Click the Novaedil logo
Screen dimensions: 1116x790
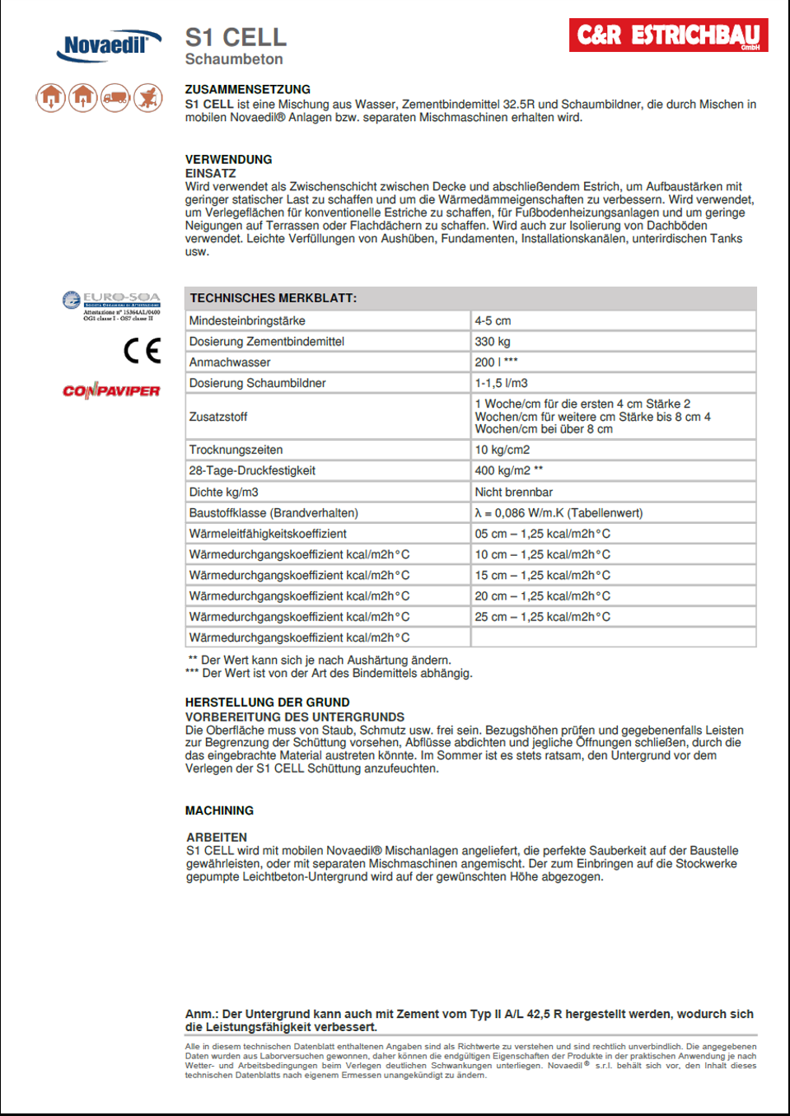coord(108,46)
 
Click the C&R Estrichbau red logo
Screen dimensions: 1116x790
coord(668,35)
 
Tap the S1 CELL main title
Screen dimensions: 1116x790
coord(236,37)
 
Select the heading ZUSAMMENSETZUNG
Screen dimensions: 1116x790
coord(247,89)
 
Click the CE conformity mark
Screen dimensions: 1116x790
coord(142,351)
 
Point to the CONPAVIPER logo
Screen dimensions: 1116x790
coord(111,390)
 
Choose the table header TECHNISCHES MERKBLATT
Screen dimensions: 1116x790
coord(273,298)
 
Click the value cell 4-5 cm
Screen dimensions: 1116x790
coord(493,320)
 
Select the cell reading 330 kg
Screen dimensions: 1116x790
coord(493,341)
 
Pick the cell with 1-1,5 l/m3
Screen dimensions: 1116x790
coord(501,383)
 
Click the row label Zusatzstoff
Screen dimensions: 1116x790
coord(218,417)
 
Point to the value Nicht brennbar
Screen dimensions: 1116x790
coord(513,492)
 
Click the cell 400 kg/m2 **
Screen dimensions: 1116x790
coord(508,470)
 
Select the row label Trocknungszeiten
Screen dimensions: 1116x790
coord(236,450)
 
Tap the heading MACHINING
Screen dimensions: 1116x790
coord(219,810)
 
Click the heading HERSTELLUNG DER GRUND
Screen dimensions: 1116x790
coord(267,703)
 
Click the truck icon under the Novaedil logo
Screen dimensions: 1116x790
coord(115,98)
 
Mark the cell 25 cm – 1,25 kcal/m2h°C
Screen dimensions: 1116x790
coord(542,617)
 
